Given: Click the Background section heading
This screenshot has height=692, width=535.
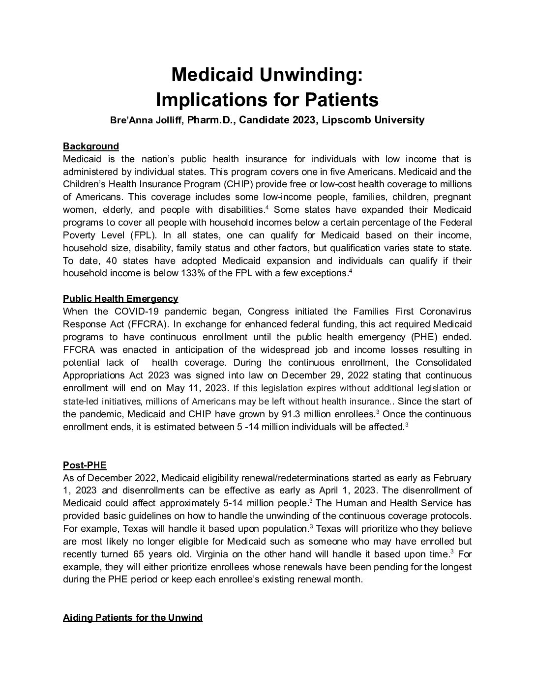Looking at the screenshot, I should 91,146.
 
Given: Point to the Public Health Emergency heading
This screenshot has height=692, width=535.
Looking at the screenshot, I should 120,298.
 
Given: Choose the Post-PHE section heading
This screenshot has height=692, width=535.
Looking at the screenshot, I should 85,465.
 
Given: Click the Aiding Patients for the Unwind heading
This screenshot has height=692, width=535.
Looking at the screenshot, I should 133,617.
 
